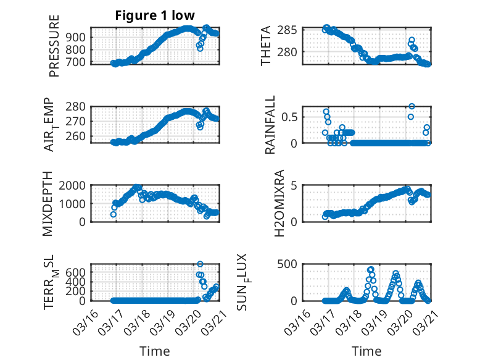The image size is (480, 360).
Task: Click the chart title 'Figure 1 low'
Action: [x=154, y=16]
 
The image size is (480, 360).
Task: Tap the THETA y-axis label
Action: [x=266, y=46]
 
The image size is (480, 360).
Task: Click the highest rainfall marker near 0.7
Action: [x=412, y=106]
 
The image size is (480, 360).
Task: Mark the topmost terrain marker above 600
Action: [x=200, y=264]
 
